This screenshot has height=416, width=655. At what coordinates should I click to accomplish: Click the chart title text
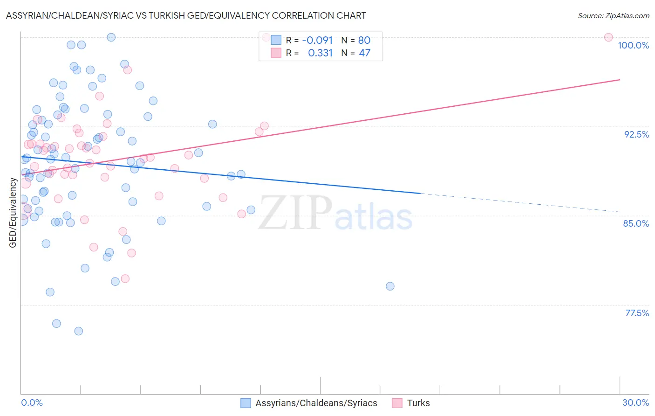186,15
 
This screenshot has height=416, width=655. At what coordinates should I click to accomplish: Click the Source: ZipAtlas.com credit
613,15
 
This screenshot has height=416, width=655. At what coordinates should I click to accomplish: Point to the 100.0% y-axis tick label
633,45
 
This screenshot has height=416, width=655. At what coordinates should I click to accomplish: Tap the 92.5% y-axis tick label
636,134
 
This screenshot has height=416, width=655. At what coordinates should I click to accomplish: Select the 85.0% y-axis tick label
636,223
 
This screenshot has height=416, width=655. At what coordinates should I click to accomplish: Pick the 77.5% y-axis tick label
637,313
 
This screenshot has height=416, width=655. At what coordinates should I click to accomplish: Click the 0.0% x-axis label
32,402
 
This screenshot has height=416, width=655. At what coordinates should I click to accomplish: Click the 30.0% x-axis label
635,402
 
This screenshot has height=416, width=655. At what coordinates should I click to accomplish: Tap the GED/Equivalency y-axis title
13,213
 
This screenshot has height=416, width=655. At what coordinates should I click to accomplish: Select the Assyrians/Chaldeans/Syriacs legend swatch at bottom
246,403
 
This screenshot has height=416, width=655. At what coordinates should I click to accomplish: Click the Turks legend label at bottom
418,403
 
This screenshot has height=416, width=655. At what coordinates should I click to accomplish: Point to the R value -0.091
317,40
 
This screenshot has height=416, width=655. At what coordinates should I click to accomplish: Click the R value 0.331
320,53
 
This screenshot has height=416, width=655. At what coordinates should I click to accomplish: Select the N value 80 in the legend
364,40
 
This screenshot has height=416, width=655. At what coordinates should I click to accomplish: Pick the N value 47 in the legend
364,53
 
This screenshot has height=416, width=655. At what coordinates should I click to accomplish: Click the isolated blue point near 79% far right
390,286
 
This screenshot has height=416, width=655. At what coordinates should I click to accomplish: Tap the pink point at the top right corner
608,37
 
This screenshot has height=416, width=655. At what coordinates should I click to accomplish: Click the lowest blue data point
79,331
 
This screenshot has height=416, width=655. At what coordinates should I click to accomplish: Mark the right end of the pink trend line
619,80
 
